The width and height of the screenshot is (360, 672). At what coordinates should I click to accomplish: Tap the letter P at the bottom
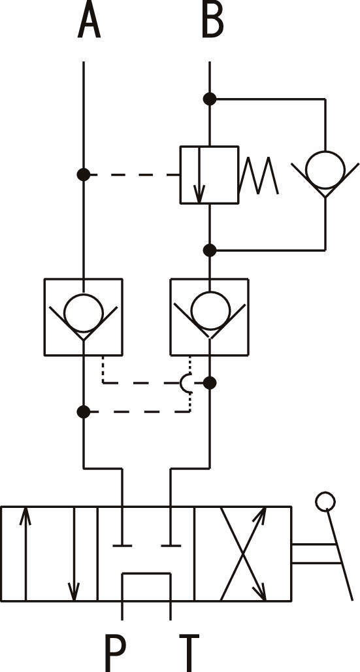click(115, 653)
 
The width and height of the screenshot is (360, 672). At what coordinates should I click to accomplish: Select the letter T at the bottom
click(189, 653)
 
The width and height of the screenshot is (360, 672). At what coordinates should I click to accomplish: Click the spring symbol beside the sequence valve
click(259, 175)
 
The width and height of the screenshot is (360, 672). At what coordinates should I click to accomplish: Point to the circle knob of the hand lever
click(325, 501)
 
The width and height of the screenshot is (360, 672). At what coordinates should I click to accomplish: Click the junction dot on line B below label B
click(210, 99)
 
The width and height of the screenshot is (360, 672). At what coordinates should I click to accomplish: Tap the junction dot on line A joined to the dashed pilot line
click(84, 175)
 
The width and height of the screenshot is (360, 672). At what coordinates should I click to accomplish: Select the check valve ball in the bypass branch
click(325, 170)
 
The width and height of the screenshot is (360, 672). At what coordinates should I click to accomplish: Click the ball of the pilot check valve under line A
click(84, 313)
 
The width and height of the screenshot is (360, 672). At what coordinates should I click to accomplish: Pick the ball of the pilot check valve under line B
click(210, 311)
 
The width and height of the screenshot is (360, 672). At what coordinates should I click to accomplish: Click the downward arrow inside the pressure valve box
click(199, 175)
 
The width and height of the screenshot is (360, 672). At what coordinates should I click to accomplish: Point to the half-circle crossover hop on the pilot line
click(184, 382)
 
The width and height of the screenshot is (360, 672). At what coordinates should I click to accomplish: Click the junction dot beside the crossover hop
click(210, 382)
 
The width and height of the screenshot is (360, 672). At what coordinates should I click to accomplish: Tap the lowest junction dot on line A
click(84, 412)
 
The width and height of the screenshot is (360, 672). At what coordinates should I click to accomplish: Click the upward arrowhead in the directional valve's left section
click(25, 516)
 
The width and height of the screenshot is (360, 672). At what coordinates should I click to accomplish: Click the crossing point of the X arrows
click(243, 554)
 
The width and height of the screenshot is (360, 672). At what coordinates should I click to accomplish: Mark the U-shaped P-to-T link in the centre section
click(146, 573)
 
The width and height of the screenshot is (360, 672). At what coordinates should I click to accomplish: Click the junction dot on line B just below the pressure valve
click(210, 250)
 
